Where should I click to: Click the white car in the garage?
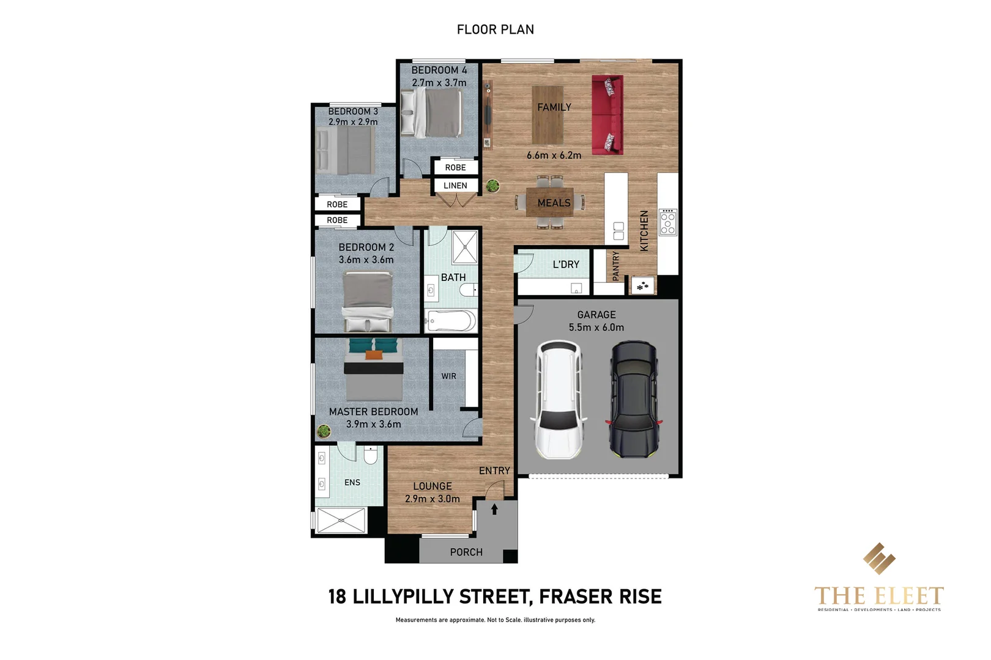(x=558, y=400)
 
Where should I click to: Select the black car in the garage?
(x=633, y=400)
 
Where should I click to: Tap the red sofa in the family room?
(x=607, y=115)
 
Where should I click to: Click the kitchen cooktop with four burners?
(x=667, y=222)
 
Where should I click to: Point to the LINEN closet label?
(x=455, y=186)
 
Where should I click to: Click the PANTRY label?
(x=616, y=266)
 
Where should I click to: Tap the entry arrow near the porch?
(x=494, y=508)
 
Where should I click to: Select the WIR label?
(x=448, y=376)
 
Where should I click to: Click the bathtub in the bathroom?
(x=451, y=321)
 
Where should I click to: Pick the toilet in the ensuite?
(x=371, y=455)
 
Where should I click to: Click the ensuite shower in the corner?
(x=341, y=521)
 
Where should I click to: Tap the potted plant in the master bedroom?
(x=324, y=431)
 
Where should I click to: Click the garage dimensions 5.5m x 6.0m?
(x=596, y=328)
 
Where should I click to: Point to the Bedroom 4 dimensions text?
(x=439, y=83)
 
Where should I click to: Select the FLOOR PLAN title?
(x=495, y=29)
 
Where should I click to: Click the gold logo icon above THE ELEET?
(x=878, y=559)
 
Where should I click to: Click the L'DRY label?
(x=565, y=265)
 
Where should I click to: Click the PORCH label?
(x=466, y=552)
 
